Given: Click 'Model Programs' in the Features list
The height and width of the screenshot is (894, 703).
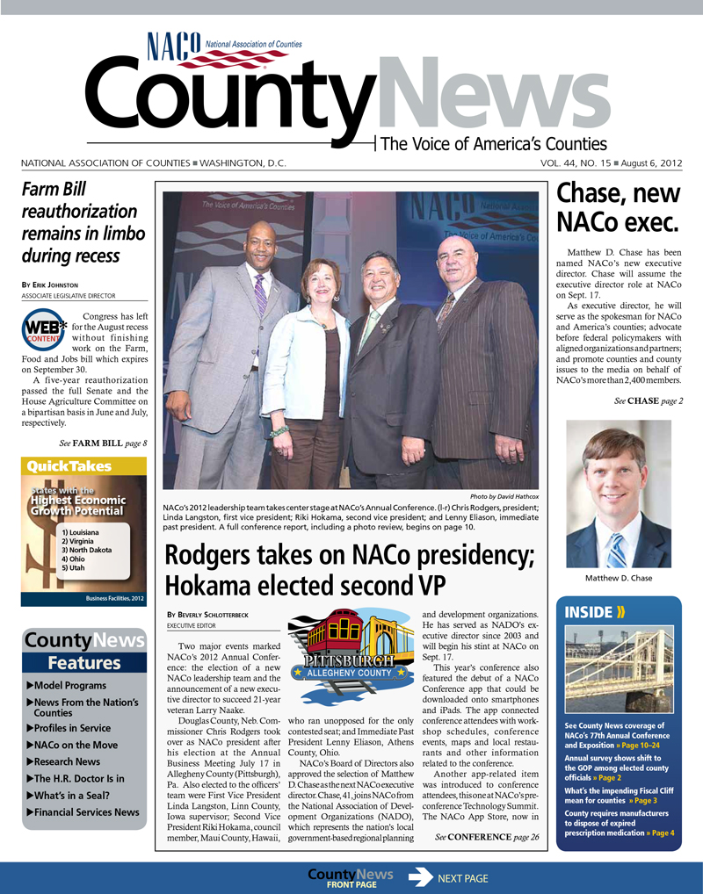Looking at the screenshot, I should pyautogui.click(x=71, y=685).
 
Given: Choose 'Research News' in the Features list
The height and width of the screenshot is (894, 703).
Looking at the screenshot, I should pyautogui.click(x=68, y=761).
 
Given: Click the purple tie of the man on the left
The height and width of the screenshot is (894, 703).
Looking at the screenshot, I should pyautogui.click(x=260, y=293).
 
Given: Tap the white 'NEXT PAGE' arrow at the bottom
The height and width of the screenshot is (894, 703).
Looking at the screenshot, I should pyautogui.click(x=421, y=877).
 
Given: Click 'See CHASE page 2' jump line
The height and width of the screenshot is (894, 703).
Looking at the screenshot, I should pyautogui.click(x=648, y=401).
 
